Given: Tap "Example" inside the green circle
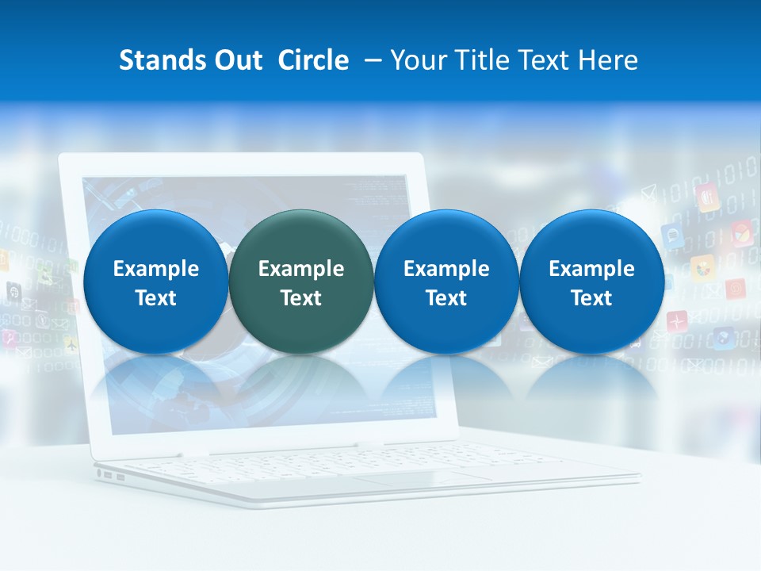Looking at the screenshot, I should click(x=300, y=269).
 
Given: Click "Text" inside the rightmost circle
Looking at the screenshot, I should click(x=591, y=298).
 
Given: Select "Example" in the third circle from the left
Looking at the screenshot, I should click(x=446, y=269).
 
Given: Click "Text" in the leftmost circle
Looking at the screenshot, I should click(x=155, y=298).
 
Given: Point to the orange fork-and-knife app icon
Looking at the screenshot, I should click(x=707, y=197).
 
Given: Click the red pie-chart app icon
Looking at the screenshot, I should click(x=742, y=233).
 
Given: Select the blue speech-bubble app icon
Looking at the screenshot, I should click(x=672, y=236).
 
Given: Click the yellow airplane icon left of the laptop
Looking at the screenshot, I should click(x=71, y=345).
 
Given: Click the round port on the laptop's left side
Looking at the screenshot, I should click(x=99, y=474).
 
